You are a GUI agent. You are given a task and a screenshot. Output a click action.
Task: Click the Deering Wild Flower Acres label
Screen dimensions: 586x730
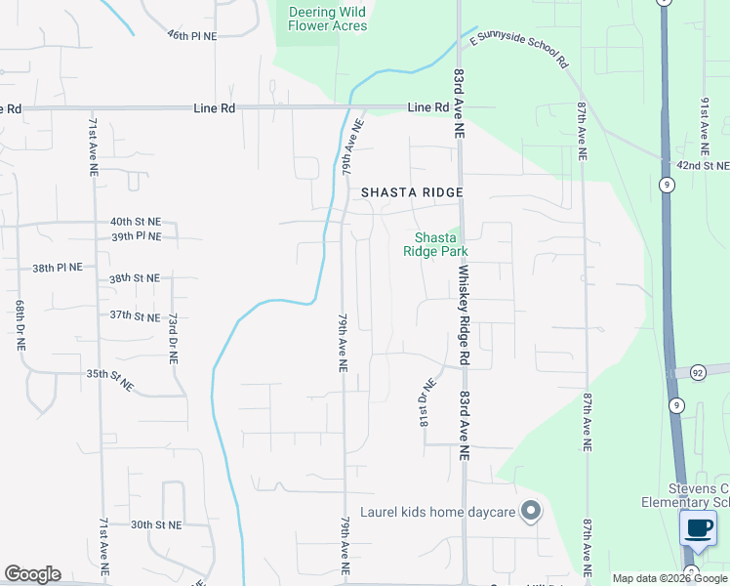pos(328,19)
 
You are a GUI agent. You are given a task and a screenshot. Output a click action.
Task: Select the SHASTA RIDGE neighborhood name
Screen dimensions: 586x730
pos(412,193)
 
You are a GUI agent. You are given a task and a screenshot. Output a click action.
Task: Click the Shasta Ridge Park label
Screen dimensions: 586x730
pos(435,244)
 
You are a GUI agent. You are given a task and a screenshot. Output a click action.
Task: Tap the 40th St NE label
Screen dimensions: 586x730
pos(136,222)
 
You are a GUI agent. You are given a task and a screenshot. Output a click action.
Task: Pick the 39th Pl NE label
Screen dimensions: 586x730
pos(136,236)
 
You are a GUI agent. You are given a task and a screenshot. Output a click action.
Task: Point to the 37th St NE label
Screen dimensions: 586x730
pos(135,315)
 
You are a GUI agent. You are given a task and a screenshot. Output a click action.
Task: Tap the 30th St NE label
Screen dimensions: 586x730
pos(157,524)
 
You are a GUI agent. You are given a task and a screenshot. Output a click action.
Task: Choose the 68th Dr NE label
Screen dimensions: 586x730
pos(19,325)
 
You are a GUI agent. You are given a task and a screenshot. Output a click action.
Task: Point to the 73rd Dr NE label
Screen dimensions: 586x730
pos(173,338)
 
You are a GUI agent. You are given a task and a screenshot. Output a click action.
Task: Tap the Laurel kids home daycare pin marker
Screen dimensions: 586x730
pos(531,511)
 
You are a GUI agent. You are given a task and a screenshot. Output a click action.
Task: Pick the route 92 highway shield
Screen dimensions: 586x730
pos(698,372)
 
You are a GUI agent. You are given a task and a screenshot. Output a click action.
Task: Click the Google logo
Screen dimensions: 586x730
pos(32,574)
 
